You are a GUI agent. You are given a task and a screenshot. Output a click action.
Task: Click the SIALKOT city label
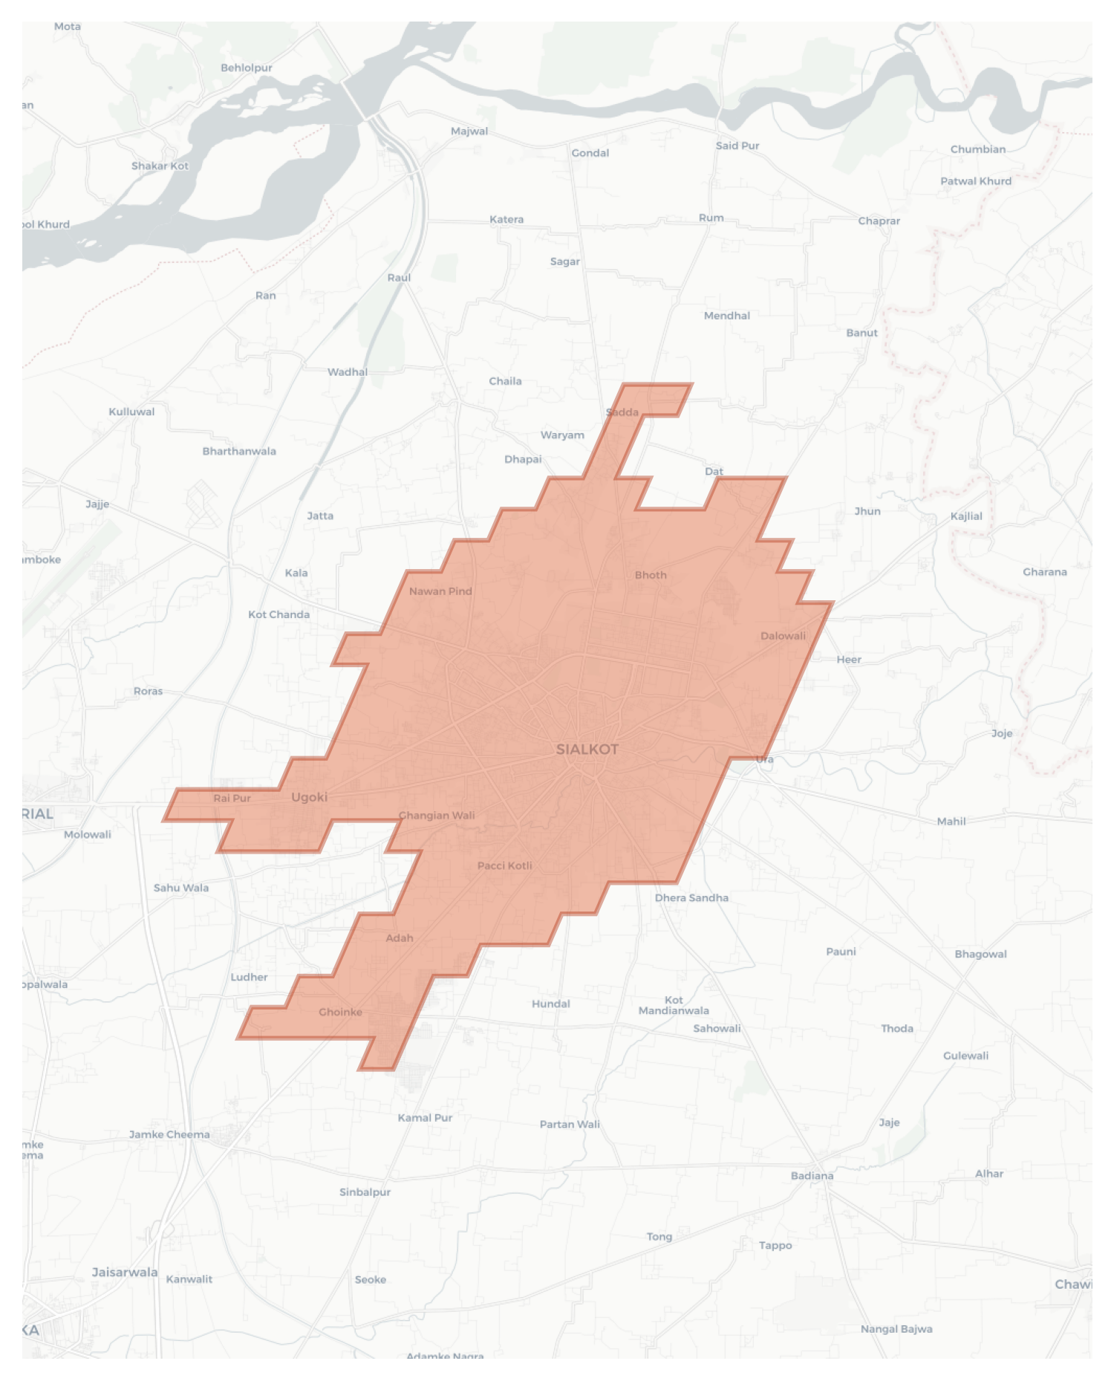pos(587,749)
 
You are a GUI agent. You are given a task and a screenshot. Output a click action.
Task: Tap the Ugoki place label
pos(309,797)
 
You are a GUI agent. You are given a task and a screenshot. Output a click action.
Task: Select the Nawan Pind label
pos(440,591)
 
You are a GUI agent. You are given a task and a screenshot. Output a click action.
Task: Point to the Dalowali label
pos(783,635)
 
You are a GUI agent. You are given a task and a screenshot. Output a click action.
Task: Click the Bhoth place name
pos(651,575)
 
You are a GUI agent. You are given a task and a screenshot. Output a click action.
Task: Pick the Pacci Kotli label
pos(504,865)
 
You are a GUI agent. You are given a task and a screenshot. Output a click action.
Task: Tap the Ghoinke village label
pos(340,1012)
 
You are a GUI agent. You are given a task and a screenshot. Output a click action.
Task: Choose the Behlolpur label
pos(247,68)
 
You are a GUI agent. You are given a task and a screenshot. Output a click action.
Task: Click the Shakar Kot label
pos(160,166)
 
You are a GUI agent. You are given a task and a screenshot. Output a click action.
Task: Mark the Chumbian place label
pos(978,149)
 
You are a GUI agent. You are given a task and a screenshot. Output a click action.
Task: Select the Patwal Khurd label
pos(976,181)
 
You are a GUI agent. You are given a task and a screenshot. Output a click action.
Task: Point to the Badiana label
pos(812,1176)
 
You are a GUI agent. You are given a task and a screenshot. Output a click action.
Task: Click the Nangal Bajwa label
pos(896,1329)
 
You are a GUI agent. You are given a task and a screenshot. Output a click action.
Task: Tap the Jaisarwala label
pos(125,1273)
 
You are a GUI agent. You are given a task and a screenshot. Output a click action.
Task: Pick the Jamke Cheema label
pos(169,1134)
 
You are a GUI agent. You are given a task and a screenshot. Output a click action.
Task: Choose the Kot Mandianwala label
pos(674,1005)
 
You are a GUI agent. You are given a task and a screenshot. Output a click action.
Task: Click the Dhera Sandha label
pos(691,898)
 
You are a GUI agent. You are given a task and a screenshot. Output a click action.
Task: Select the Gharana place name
pos(1045,572)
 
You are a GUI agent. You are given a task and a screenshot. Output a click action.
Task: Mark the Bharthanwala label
pos(239,452)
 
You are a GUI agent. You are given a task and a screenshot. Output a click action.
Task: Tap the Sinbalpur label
pos(365,1192)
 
